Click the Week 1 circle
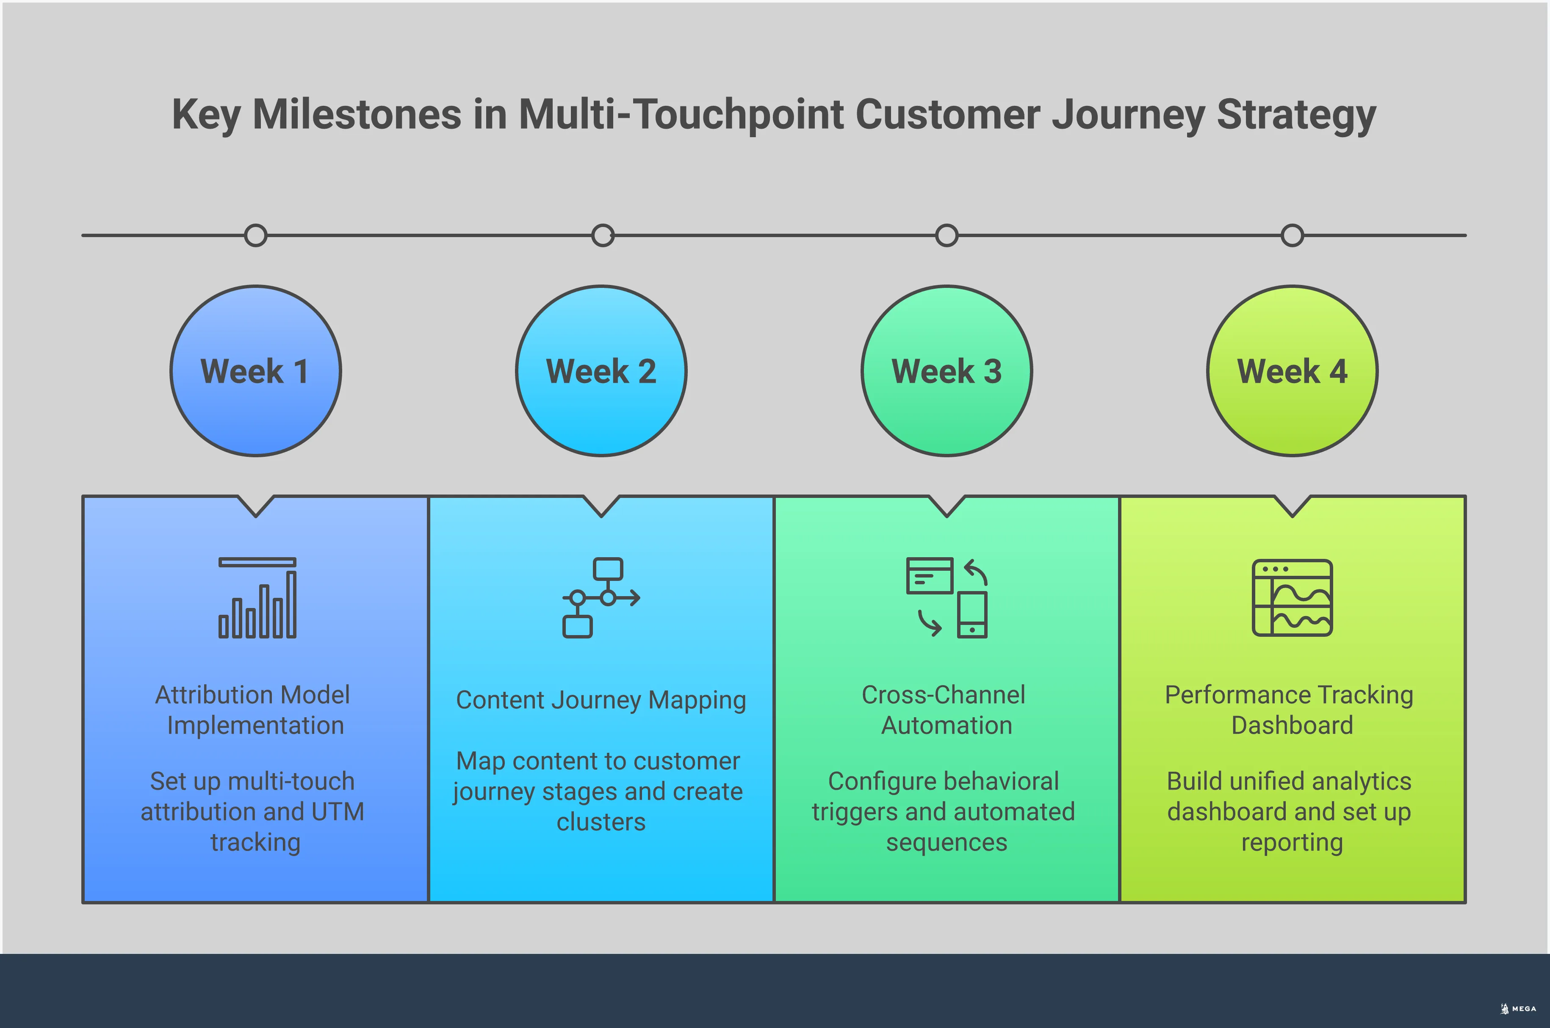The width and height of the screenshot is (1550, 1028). coord(256,371)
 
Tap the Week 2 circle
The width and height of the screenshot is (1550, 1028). coord(601,371)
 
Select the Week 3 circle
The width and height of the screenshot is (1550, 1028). coord(947,371)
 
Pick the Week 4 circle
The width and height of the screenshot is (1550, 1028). coord(1293,371)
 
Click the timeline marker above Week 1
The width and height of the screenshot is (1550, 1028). coord(256,235)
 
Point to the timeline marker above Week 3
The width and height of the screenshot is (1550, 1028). coord(947,235)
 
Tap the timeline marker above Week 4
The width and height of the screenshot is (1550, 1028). coord(1293,235)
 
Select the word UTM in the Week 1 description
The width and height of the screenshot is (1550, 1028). coord(337,812)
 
